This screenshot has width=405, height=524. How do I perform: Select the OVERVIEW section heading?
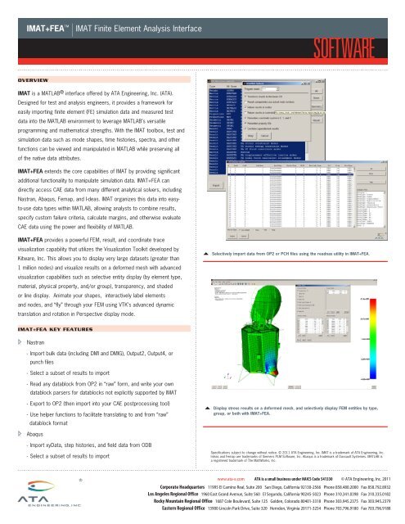pos(34,81)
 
